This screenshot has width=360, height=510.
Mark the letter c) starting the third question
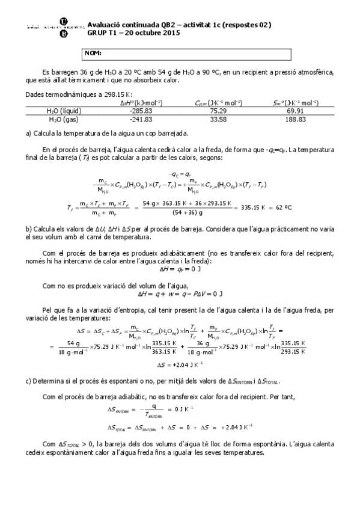point(29,381)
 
